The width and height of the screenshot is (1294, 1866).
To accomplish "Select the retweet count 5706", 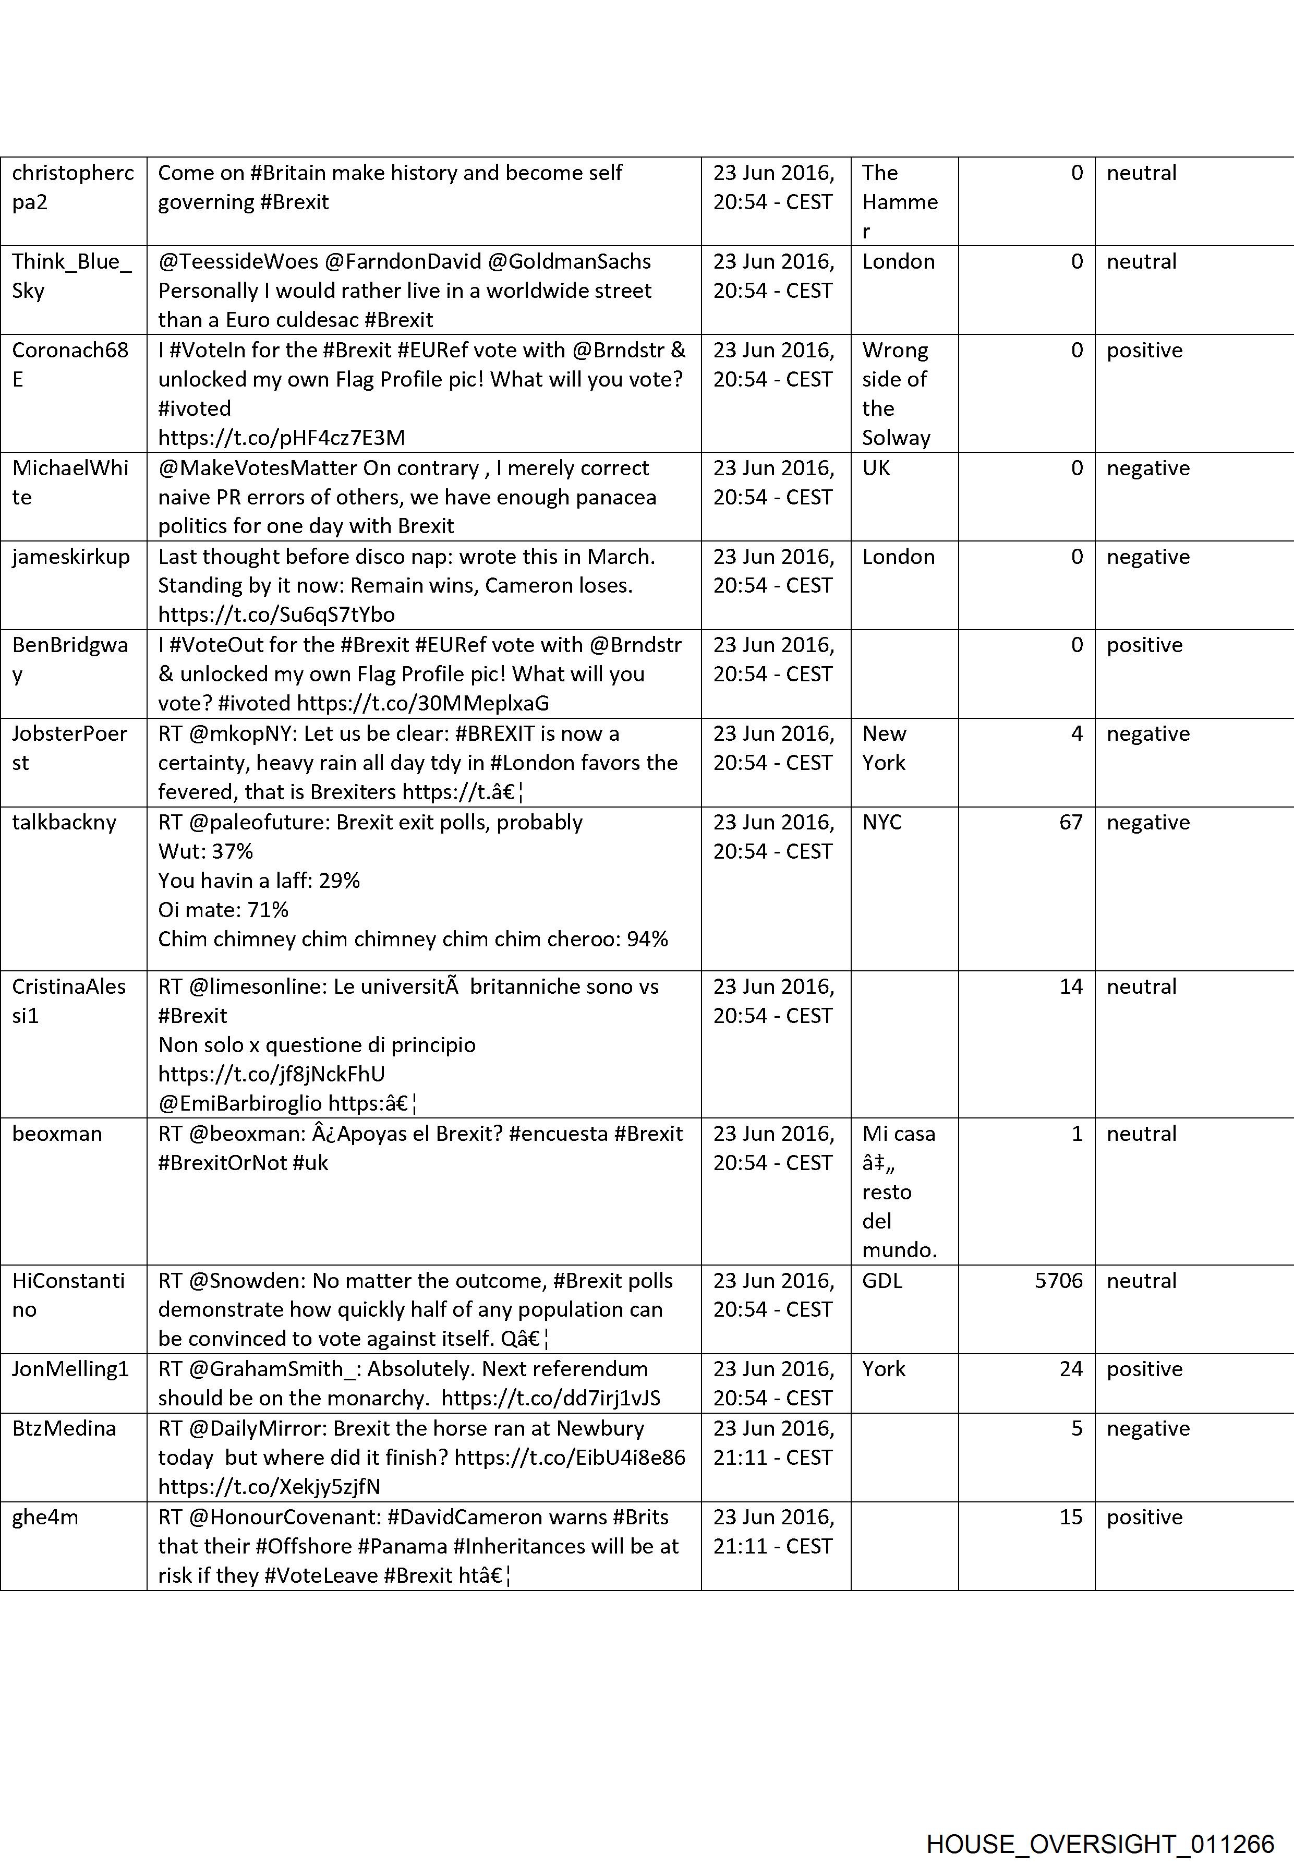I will click(x=1058, y=1281).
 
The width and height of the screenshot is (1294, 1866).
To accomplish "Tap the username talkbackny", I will click(x=64, y=822).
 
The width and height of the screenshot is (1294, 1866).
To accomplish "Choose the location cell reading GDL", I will click(x=881, y=1281).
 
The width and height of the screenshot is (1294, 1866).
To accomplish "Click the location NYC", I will click(x=881, y=822).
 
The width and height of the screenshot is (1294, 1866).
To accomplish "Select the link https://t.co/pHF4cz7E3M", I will click(x=281, y=438).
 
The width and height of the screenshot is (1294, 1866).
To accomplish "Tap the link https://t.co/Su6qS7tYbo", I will click(x=276, y=615).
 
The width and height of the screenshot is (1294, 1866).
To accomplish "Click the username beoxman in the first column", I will click(x=57, y=1134).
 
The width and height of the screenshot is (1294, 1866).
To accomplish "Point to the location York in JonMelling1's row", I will click(x=883, y=1369).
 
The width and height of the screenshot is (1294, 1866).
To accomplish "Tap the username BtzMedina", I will click(x=64, y=1428).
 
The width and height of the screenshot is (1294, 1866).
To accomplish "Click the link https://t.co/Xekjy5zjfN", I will click(x=269, y=1486).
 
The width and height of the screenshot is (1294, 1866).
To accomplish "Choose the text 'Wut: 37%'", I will click(x=205, y=851).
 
